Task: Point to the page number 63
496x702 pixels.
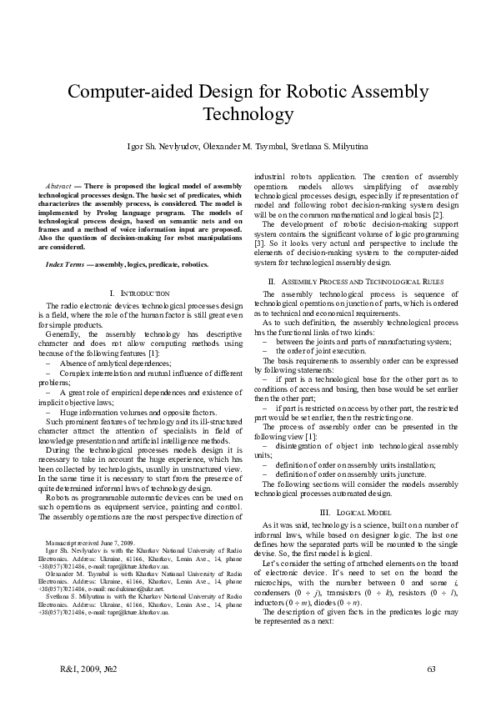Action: click(431, 669)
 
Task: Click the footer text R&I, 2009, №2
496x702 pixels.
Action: click(91, 669)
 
